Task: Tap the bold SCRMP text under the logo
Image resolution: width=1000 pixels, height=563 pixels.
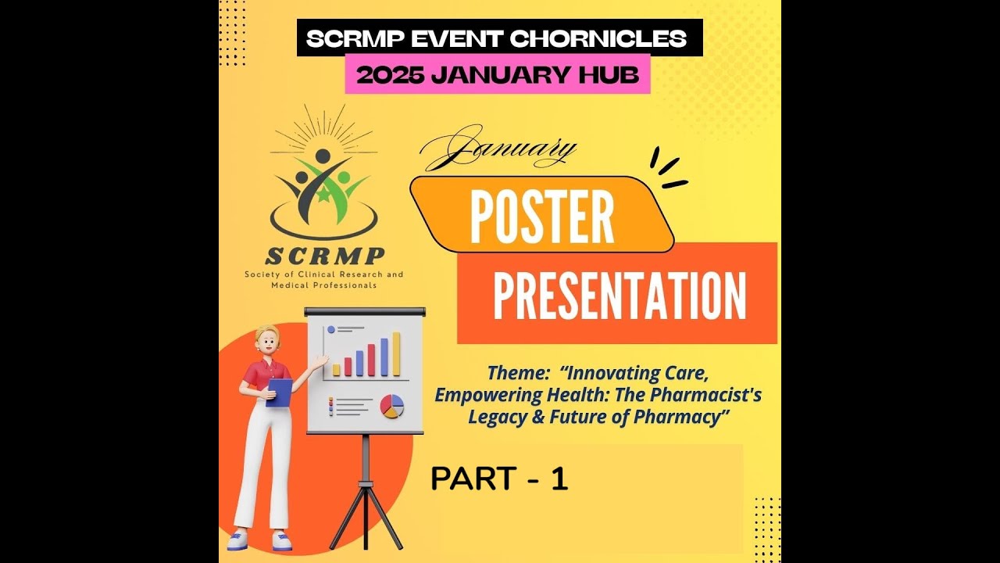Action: (x=324, y=256)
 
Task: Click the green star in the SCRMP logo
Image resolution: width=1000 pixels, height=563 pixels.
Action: (x=323, y=195)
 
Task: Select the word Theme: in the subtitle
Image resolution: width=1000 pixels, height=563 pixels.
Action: (x=515, y=373)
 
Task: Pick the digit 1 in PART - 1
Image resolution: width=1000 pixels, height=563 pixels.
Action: (x=559, y=479)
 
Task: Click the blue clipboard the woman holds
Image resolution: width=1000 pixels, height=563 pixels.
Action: (x=279, y=392)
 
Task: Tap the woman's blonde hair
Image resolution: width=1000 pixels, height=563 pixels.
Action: (x=264, y=335)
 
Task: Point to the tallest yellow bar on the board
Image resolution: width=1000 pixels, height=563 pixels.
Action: (x=396, y=353)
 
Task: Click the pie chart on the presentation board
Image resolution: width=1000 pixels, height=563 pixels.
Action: (x=392, y=406)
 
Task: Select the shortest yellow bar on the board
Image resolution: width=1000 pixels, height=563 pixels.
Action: (x=337, y=369)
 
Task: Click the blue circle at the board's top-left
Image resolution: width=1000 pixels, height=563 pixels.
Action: (x=330, y=330)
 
